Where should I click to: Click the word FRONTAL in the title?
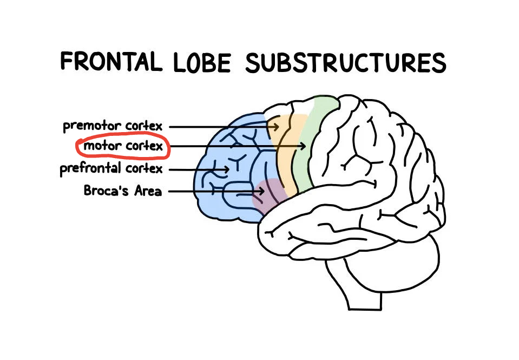click(111, 62)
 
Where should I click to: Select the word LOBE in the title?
click(202, 63)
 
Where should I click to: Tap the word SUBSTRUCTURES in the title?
click(345, 63)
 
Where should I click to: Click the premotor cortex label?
click(112, 126)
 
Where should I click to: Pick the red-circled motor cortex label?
click(123, 147)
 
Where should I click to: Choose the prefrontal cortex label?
click(111, 169)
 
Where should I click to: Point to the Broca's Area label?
click(122, 191)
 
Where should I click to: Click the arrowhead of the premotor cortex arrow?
click(277, 127)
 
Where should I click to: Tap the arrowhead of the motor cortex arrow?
click(305, 146)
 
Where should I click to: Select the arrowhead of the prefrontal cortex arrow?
click(228, 169)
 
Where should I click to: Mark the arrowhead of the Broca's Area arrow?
click(262, 191)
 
